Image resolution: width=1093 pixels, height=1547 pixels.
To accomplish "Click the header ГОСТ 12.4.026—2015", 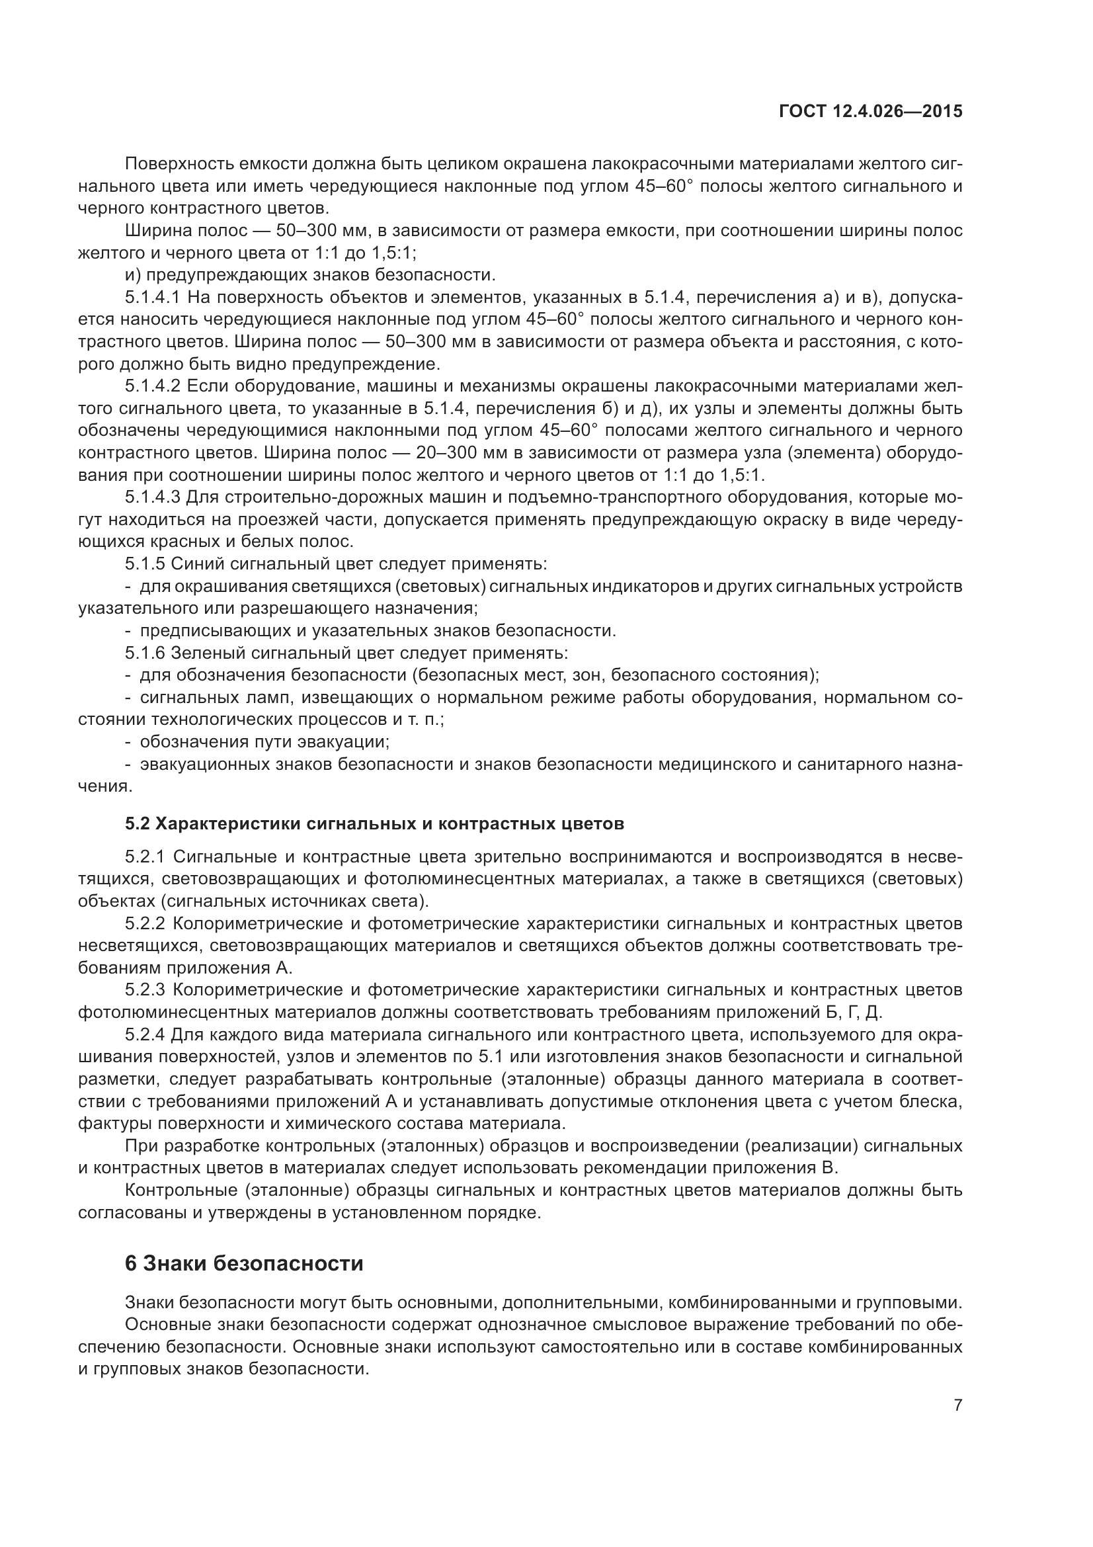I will tap(870, 111).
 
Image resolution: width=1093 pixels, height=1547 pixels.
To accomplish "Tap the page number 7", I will tap(957, 1405).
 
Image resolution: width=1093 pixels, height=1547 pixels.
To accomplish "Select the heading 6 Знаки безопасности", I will tap(244, 1263).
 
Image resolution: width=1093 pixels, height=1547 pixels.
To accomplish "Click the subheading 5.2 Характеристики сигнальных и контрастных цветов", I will tap(374, 823).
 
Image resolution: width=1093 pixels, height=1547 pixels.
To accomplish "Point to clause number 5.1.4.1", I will tap(153, 297).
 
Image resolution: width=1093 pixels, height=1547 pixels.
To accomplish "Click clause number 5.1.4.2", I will tap(153, 386).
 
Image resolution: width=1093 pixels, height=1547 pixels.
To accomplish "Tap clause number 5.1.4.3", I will tap(153, 497).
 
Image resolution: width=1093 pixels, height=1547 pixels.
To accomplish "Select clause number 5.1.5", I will tap(144, 564).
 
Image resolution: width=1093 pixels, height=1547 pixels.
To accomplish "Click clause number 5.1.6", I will tap(144, 653).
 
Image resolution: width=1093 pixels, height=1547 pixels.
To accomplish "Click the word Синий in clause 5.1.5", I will tap(194, 564).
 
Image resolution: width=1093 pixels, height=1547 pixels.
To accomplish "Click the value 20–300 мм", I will tap(429, 453).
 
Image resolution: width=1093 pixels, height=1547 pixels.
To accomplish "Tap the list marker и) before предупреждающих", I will tap(133, 275).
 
